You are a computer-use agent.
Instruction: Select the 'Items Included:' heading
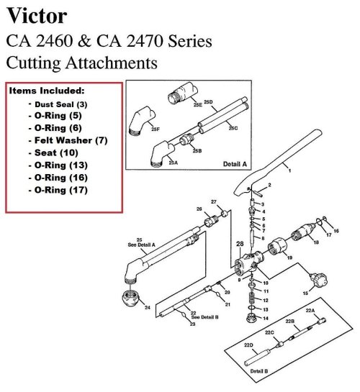tap(46, 91)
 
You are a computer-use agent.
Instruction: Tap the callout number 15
tap(305, 293)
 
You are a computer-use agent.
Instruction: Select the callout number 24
tap(148, 308)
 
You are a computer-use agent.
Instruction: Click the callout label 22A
tap(310, 311)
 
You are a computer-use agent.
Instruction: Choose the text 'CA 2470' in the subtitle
tap(143, 40)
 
